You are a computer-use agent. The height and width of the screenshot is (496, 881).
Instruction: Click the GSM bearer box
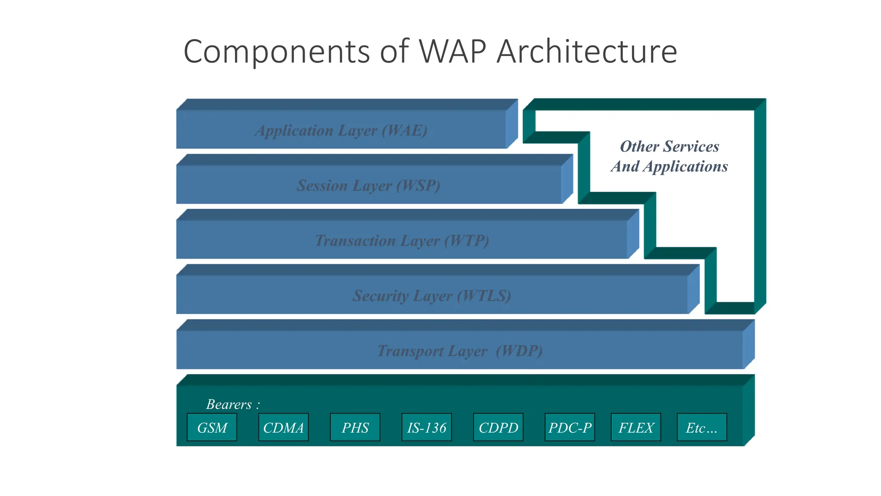(x=212, y=427)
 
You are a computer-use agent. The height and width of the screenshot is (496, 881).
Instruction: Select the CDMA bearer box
(x=283, y=427)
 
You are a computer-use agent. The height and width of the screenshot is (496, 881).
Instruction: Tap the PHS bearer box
(x=355, y=427)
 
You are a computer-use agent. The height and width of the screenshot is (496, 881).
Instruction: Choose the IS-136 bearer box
(x=426, y=427)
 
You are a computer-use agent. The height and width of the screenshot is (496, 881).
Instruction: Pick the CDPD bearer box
(x=498, y=427)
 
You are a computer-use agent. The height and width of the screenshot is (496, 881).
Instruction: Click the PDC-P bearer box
(x=570, y=427)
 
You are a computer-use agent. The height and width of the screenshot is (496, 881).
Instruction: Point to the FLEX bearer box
(x=636, y=427)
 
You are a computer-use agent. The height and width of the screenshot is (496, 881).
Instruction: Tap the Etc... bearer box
(x=702, y=427)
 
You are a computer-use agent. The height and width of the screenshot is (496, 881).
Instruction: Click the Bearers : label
(x=233, y=404)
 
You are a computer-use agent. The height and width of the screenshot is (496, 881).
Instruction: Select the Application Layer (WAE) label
(x=341, y=130)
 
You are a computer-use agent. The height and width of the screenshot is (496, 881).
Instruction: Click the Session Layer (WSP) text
(x=369, y=186)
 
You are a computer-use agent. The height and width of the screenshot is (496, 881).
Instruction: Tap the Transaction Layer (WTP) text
(x=402, y=241)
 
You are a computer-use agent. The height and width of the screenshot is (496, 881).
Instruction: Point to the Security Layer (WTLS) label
(x=431, y=296)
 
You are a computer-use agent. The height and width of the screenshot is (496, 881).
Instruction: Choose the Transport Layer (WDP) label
(x=459, y=351)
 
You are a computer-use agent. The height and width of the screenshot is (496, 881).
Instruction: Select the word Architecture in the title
(x=587, y=52)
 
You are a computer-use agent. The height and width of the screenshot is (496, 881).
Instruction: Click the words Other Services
(x=669, y=146)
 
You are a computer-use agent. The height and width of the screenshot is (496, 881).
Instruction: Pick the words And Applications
(x=669, y=166)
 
